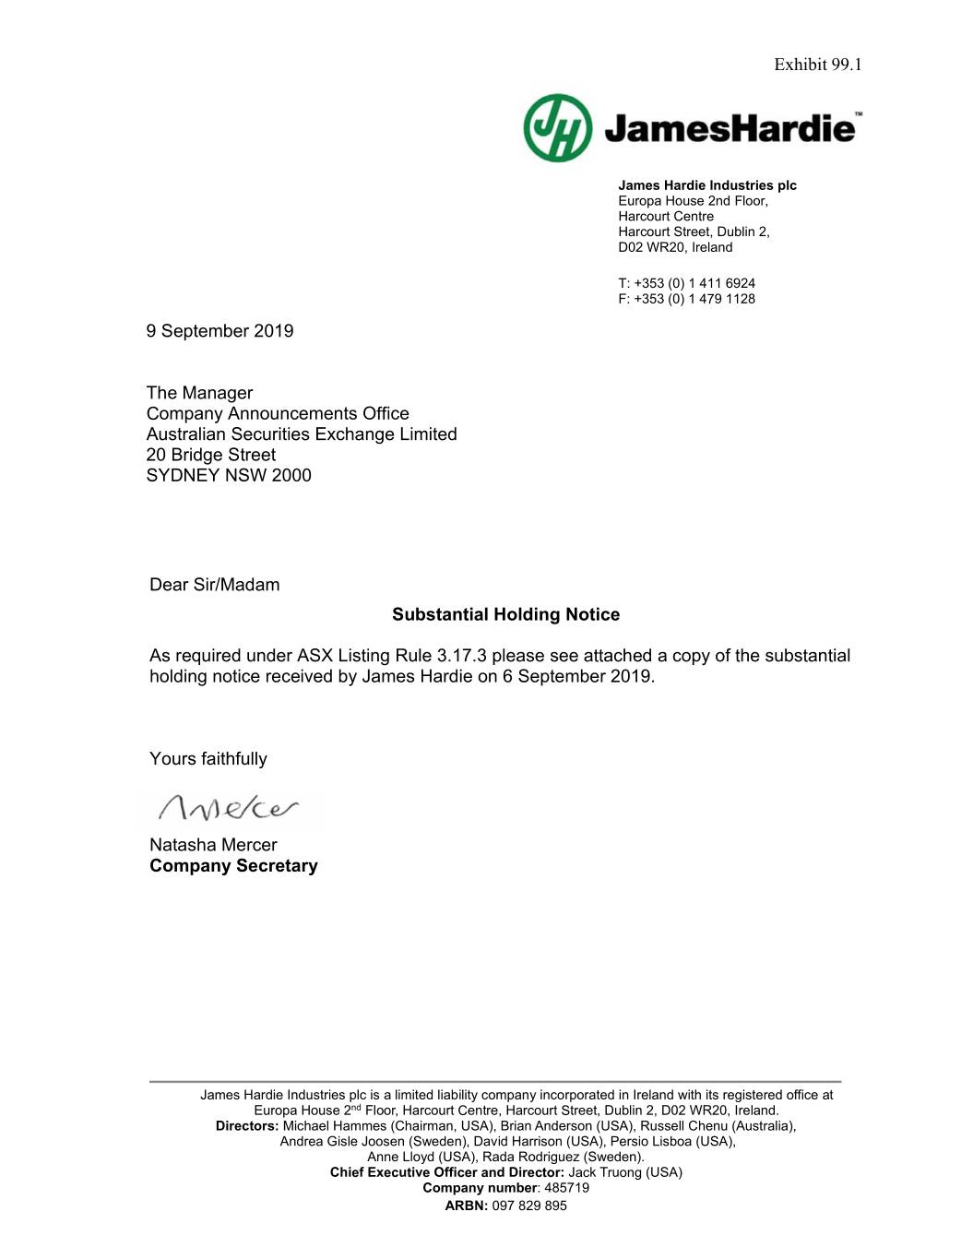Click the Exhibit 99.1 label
click(x=817, y=65)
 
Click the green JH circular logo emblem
click(x=558, y=127)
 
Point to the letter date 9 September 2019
click(x=220, y=331)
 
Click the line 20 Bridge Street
click(x=210, y=455)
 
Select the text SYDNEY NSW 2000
click(x=229, y=476)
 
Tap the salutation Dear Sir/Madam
click(x=214, y=585)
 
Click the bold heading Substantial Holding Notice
click(x=505, y=615)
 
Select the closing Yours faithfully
click(x=208, y=759)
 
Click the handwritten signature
click(x=229, y=808)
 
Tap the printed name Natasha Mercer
click(x=213, y=845)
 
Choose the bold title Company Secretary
click(x=233, y=866)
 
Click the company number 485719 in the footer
click(x=566, y=1188)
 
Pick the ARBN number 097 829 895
click(x=529, y=1206)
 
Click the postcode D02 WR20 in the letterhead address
click(x=652, y=247)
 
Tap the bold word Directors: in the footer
click(x=247, y=1126)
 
